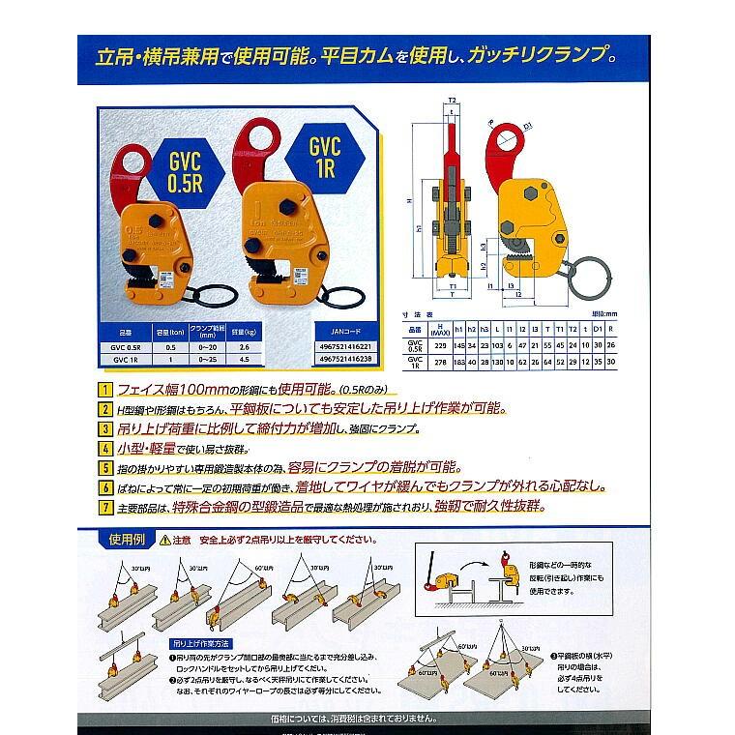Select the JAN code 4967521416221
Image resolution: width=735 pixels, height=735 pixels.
344,344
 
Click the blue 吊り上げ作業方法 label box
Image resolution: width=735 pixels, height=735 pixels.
198,641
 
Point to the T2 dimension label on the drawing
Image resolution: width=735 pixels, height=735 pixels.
453,100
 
